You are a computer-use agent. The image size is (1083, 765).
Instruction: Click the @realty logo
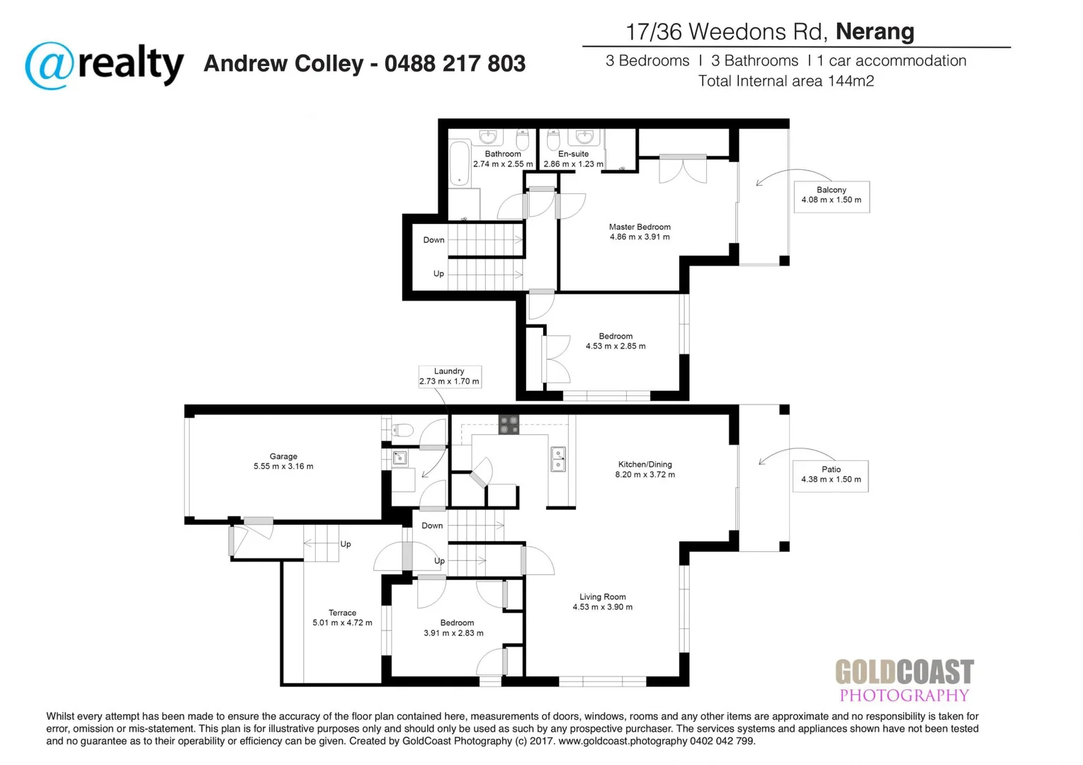click(104, 65)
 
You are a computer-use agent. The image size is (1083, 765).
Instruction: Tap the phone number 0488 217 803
click(455, 64)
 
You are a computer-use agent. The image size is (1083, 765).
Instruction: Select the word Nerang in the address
click(875, 32)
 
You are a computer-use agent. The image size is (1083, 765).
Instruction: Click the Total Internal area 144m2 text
click(786, 81)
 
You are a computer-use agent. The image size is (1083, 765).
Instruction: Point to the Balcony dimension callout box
click(831, 195)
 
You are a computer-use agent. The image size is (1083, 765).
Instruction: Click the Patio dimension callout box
click(831, 475)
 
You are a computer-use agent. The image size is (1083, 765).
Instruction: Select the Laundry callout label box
click(449, 376)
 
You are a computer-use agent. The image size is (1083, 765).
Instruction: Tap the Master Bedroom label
click(640, 232)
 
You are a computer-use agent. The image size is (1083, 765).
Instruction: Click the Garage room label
click(283, 462)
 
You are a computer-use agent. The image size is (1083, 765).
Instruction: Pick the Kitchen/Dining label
click(645, 470)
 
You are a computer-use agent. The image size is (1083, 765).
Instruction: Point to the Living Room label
click(602, 602)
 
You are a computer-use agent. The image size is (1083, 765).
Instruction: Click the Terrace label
click(342, 618)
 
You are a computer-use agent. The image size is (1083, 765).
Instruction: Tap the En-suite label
click(573, 159)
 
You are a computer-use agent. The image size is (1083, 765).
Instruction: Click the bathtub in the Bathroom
click(460, 163)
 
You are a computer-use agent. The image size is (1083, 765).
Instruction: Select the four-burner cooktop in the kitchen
click(509, 424)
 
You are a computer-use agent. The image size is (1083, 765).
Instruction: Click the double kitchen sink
click(558, 459)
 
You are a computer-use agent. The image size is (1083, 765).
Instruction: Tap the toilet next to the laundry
click(402, 429)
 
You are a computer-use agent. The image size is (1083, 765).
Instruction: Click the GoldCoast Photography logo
click(904, 680)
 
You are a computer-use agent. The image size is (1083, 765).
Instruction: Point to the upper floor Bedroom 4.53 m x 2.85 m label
click(616, 341)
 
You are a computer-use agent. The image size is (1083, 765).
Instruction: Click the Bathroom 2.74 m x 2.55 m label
click(503, 159)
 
